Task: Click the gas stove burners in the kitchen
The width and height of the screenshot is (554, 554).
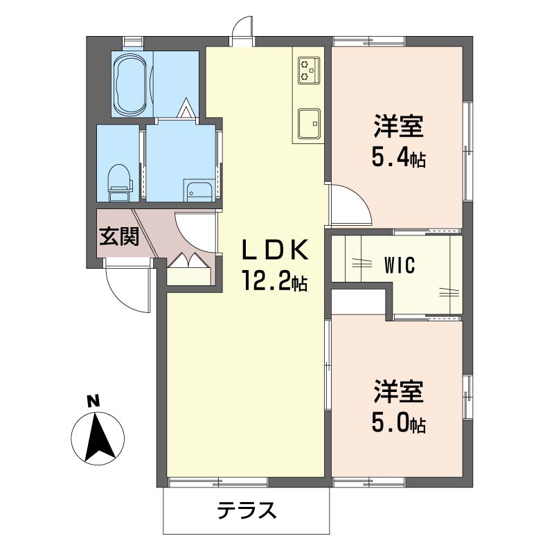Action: [x=308, y=69]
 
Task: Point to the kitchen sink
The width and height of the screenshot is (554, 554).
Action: [x=309, y=123]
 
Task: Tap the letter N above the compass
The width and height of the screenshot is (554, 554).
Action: [x=92, y=400]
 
